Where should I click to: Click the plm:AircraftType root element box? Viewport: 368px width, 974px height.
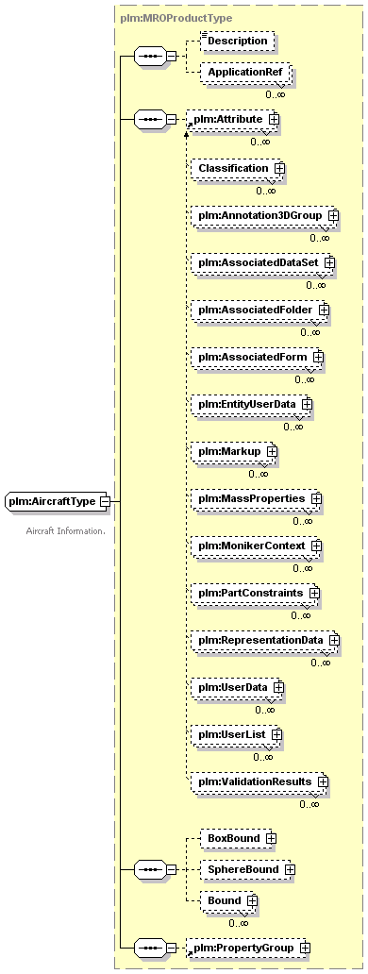click(x=58, y=500)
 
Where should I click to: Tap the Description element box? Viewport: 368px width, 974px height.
click(x=237, y=41)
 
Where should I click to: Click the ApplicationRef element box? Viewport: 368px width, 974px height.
click(x=245, y=72)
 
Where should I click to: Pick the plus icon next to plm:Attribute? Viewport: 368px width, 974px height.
click(x=273, y=118)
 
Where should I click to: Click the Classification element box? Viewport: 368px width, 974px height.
click(x=238, y=168)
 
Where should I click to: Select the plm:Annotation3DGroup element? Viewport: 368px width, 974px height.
click(x=264, y=215)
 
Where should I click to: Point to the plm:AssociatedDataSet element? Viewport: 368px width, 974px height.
click(x=262, y=262)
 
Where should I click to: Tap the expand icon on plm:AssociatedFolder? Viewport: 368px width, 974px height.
click(x=324, y=310)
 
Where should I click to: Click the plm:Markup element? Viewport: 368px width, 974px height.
click(x=234, y=451)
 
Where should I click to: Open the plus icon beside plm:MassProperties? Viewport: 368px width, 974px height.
click(x=316, y=498)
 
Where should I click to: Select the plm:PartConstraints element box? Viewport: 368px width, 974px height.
click(x=255, y=594)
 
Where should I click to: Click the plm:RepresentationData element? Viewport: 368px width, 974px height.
click(x=265, y=640)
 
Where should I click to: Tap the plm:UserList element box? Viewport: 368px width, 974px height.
click(x=237, y=735)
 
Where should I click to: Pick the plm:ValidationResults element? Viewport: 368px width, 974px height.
click(x=259, y=781)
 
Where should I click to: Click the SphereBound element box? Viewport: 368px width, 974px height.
click(x=247, y=869)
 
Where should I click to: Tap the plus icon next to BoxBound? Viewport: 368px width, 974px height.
click(x=270, y=839)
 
